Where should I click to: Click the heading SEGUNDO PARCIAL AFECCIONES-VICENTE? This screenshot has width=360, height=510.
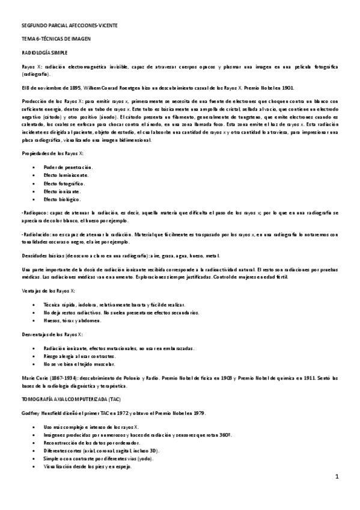click(x=66, y=26)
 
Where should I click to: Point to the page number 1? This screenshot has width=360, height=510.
click(x=337, y=477)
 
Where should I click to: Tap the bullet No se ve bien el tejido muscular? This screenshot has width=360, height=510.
click(x=79, y=364)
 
